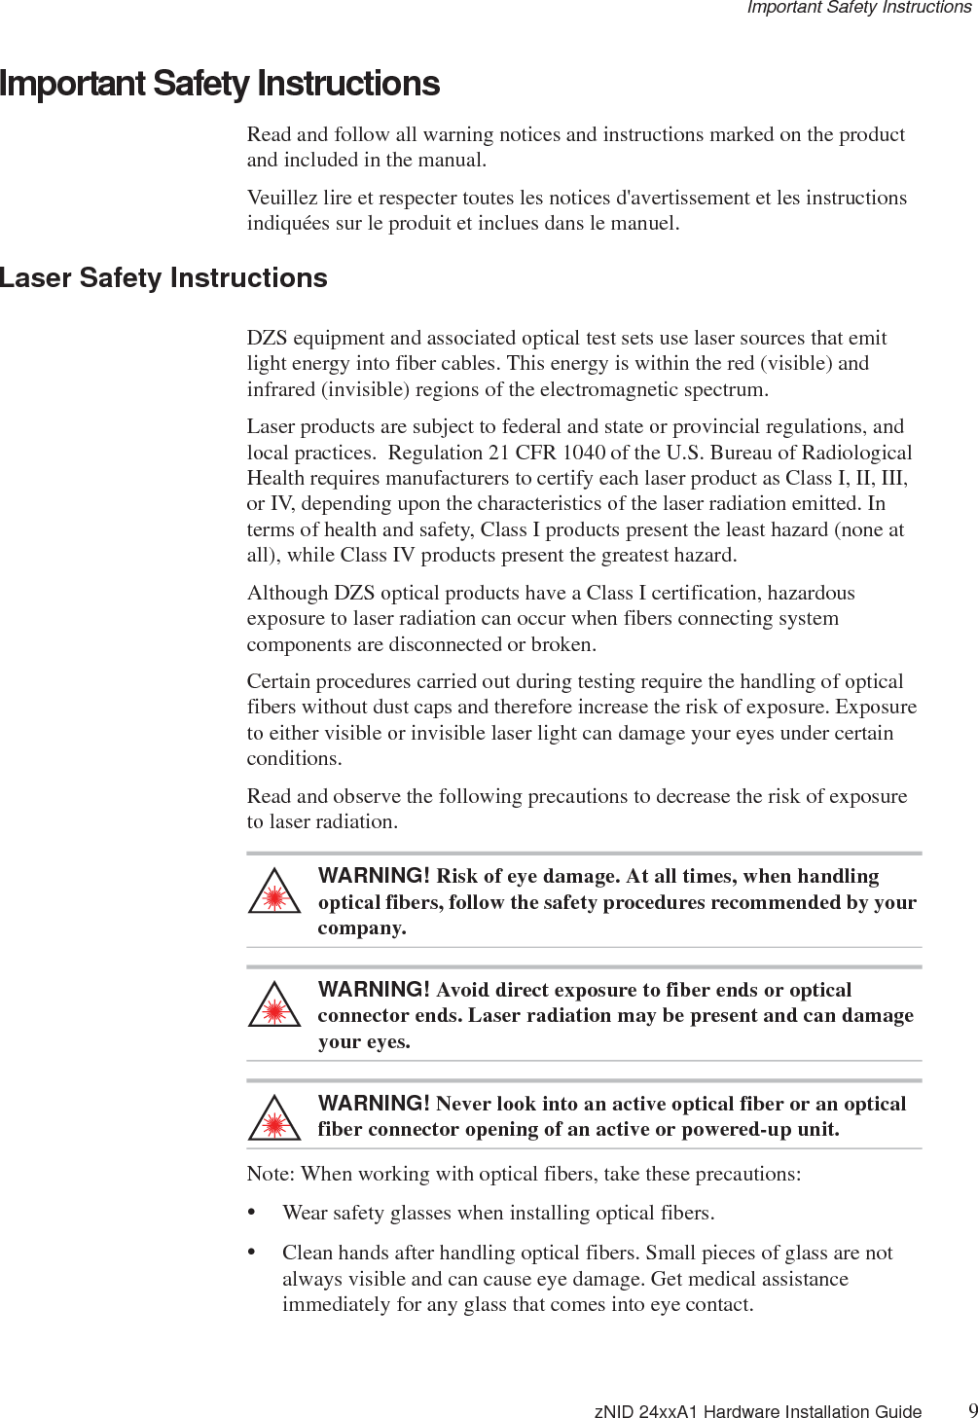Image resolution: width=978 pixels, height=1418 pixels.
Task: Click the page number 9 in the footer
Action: (972, 1410)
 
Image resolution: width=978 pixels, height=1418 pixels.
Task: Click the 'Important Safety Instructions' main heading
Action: (220, 84)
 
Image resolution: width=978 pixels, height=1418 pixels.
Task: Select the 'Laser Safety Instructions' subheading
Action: (163, 278)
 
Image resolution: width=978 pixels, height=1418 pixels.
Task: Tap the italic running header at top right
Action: (858, 8)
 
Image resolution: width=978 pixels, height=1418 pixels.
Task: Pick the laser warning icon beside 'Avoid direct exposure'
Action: (275, 1008)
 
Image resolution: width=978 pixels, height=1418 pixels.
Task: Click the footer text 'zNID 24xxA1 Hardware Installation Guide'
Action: (757, 1411)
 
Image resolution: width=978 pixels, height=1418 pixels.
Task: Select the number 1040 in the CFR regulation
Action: (583, 453)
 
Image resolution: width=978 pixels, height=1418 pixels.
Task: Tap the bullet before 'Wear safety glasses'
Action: (252, 1213)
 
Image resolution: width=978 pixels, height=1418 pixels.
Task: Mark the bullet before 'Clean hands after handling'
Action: (252, 1253)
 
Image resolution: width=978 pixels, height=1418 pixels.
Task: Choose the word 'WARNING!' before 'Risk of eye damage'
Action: (374, 876)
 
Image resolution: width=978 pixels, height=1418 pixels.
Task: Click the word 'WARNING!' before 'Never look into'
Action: (374, 1103)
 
